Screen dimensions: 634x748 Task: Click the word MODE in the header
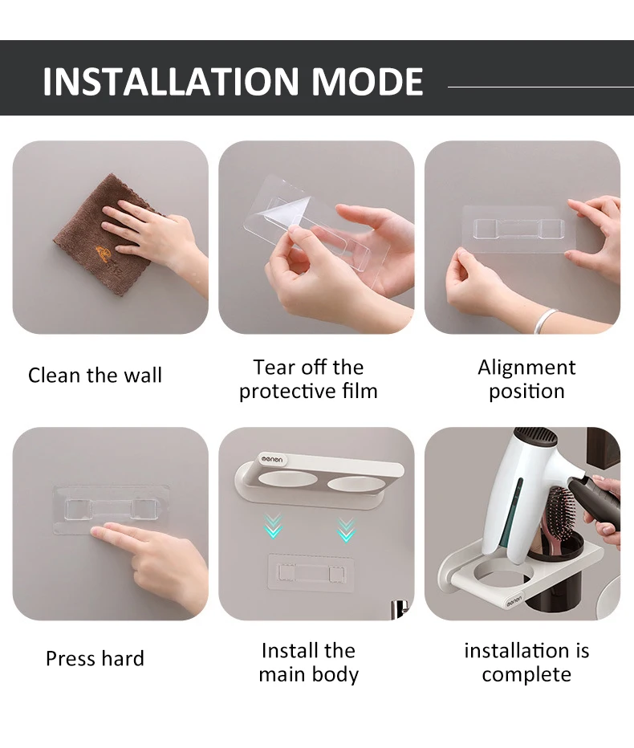point(368,81)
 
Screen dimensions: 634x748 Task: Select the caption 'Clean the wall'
point(95,376)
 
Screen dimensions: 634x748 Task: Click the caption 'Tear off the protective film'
point(308,380)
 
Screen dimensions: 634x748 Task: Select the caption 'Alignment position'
point(526,380)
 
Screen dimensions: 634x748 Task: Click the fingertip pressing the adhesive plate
point(95,532)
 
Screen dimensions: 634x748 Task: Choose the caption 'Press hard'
point(95,659)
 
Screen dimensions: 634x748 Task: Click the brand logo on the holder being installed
point(272,459)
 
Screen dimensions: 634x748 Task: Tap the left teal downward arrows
point(273,526)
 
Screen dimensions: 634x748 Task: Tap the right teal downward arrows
point(347,529)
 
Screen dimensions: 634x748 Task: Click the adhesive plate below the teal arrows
point(311,572)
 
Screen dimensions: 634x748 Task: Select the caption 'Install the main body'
point(308,663)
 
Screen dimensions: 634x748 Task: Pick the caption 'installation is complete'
point(526,663)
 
